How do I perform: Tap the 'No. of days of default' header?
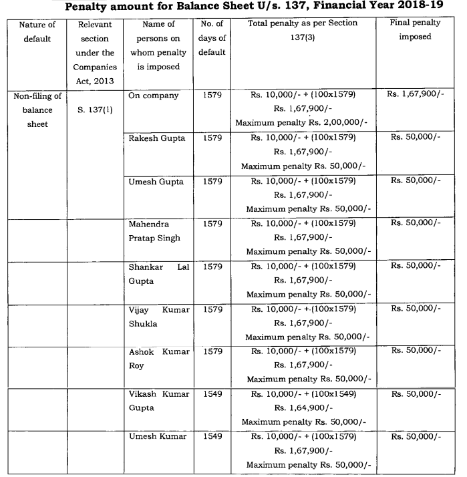coord(212,38)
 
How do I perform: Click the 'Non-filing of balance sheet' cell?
coord(37,109)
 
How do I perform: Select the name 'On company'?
coord(154,96)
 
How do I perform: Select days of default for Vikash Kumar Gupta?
coord(212,394)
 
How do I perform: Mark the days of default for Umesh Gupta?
coord(212,181)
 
